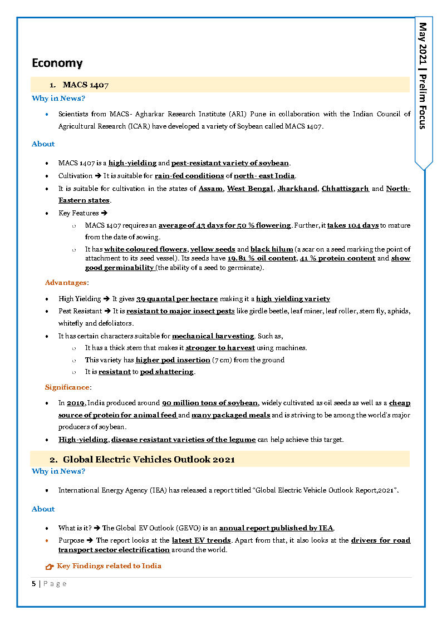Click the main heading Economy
[x=57, y=63]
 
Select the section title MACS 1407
[x=85, y=85]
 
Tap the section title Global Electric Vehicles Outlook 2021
[x=149, y=460]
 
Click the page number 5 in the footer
[x=33, y=583]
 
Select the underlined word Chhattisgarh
[x=345, y=189]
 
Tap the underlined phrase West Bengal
[x=249, y=189]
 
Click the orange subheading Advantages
[x=66, y=283]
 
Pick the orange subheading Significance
[x=67, y=387]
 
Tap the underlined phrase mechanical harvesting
[x=213, y=336]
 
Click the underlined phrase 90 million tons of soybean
[x=210, y=403]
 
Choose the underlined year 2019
[x=75, y=403]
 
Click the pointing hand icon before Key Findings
[x=49, y=567]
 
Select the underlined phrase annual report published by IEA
[x=276, y=528]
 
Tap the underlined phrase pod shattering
[x=166, y=372]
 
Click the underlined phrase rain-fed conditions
[x=189, y=176]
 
